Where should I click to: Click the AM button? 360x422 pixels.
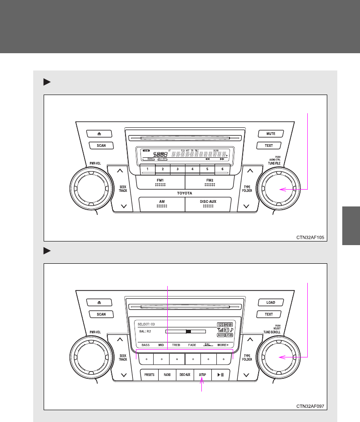pyautogui.click(x=162, y=203)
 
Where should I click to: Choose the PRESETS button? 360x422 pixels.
pyautogui.click(x=149, y=375)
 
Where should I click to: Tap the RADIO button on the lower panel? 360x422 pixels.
pyautogui.click(x=167, y=375)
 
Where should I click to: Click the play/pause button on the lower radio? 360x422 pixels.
pyautogui.click(x=220, y=375)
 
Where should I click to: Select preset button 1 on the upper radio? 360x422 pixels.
pyautogui.click(x=147, y=169)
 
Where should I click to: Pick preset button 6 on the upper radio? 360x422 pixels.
pyautogui.click(x=222, y=169)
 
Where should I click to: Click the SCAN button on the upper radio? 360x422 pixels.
pyautogui.click(x=101, y=146)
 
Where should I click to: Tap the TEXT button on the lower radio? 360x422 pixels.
pyautogui.click(x=269, y=314)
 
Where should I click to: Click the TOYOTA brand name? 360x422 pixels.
pyautogui.click(x=185, y=193)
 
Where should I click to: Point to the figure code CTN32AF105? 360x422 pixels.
pyautogui.click(x=311, y=237)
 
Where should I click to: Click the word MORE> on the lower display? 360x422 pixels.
pyautogui.click(x=223, y=345)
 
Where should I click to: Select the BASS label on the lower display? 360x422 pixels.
pyautogui.click(x=145, y=345)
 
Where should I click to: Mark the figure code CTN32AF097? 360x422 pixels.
pyautogui.click(x=311, y=406)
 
